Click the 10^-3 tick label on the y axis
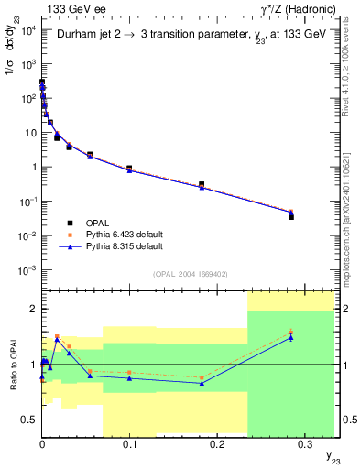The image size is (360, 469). coord(27,270)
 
